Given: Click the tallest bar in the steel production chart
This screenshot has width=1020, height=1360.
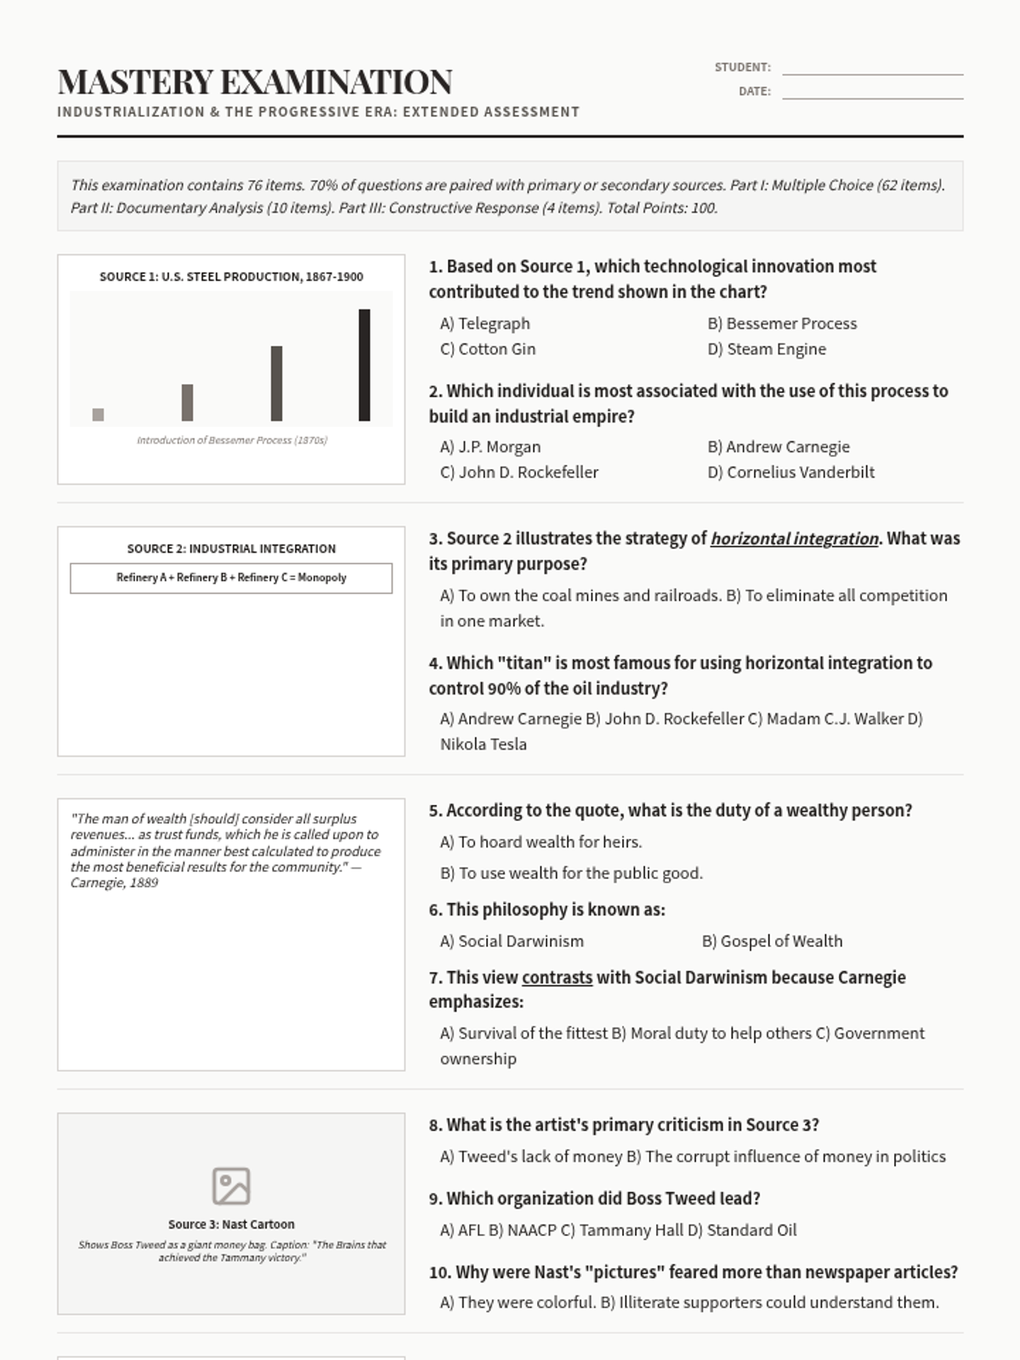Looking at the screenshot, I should [x=364, y=365].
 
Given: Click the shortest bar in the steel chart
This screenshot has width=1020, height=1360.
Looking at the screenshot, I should [x=98, y=414].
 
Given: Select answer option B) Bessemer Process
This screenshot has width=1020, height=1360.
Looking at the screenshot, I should [x=782, y=323].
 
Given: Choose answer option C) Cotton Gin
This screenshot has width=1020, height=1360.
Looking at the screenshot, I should [x=488, y=348].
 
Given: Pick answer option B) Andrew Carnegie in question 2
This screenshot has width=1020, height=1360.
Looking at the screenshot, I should [x=779, y=446].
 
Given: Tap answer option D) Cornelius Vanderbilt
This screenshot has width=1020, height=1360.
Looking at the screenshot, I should [x=790, y=472].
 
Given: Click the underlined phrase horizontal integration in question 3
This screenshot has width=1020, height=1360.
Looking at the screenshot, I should [x=794, y=538].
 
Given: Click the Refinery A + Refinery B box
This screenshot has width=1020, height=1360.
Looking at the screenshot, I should [x=231, y=578].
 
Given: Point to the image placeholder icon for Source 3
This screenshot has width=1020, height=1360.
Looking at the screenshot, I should [x=231, y=1186].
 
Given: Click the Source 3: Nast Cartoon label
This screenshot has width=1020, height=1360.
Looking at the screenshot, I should [x=231, y=1224].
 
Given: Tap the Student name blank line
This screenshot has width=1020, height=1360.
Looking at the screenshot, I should [x=872, y=68].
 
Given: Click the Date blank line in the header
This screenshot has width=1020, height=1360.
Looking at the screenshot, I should [x=872, y=92].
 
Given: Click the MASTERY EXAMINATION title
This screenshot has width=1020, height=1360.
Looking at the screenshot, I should [x=255, y=82].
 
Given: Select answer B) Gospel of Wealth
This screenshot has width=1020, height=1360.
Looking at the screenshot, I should [x=772, y=941].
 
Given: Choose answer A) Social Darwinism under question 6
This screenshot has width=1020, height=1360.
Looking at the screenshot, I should [x=512, y=941].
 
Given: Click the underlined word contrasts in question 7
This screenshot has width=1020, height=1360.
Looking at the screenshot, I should [x=557, y=977].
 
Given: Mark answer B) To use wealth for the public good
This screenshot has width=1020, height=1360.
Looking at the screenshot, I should [x=571, y=873].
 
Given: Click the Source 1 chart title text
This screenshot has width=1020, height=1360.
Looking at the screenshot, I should [x=231, y=276].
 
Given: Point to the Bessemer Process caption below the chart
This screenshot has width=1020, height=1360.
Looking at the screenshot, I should [x=232, y=440].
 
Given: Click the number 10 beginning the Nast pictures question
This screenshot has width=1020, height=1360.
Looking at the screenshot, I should [x=439, y=1272].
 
